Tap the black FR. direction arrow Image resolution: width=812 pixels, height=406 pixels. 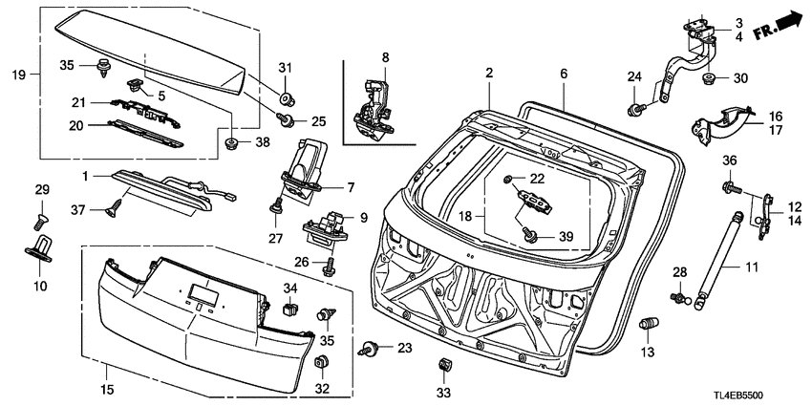point(784,18)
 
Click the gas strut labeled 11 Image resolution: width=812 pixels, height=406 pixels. point(717,257)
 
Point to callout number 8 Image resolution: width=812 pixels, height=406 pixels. point(385,57)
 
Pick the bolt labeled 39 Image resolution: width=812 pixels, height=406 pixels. point(532,233)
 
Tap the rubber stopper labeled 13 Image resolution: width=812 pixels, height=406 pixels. point(648,326)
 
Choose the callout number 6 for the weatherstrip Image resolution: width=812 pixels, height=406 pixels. point(563,74)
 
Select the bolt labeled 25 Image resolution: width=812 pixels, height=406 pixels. point(285,120)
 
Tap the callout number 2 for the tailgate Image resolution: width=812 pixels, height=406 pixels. point(488,74)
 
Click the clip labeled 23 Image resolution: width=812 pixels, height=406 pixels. point(369,350)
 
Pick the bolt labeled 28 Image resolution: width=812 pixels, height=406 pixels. point(678,298)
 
